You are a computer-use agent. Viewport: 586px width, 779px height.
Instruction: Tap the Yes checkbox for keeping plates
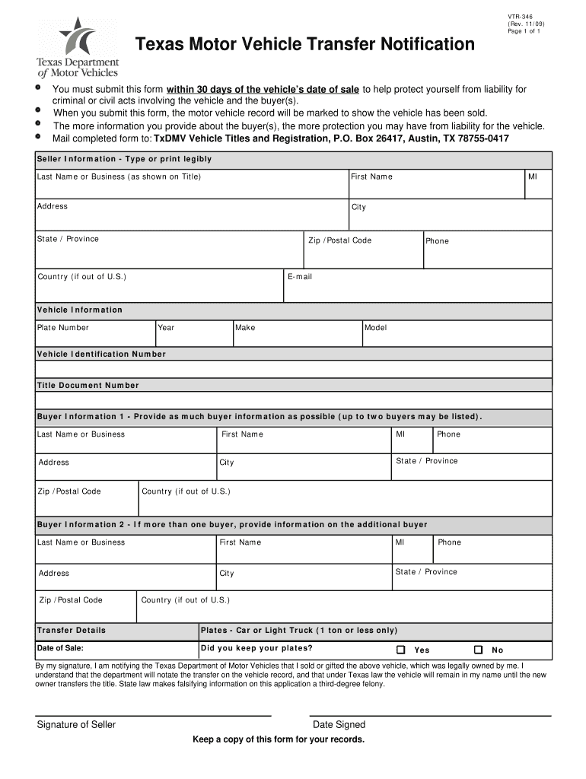tap(401, 650)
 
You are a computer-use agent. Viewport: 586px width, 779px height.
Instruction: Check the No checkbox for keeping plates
tap(478, 650)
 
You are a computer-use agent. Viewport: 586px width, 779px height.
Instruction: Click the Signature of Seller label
tap(76, 724)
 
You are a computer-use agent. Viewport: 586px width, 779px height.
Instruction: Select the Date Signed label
tap(339, 724)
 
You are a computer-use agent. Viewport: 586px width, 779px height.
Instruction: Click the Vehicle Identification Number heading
tap(101, 354)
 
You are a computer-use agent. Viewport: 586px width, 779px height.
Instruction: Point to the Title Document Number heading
tap(88, 385)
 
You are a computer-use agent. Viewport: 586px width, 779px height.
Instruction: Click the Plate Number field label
tap(63, 328)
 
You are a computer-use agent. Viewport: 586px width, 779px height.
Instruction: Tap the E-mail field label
tap(300, 277)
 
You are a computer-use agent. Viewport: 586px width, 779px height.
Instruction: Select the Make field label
tap(245, 328)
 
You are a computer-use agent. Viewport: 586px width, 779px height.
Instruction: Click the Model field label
tap(376, 328)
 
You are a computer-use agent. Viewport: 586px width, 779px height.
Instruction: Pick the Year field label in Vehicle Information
tap(166, 328)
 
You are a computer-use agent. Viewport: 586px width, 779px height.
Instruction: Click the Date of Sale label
tap(60, 649)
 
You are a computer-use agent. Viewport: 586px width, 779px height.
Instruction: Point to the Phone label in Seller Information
tap(437, 241)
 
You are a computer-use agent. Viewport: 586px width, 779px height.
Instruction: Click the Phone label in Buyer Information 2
tap(449, 542)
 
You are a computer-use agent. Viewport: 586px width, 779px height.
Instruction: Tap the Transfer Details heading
tap(72, 630)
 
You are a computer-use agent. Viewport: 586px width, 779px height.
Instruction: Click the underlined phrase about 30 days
tap(263, 90)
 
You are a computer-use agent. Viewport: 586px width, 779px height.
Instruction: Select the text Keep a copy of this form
tap(279, 739)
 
